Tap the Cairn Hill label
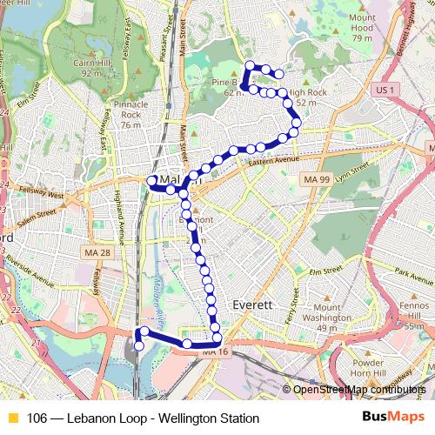click(x=98, y=67)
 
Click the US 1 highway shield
click(x=382, y=90)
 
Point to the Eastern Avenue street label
click(x=272, y=161)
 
